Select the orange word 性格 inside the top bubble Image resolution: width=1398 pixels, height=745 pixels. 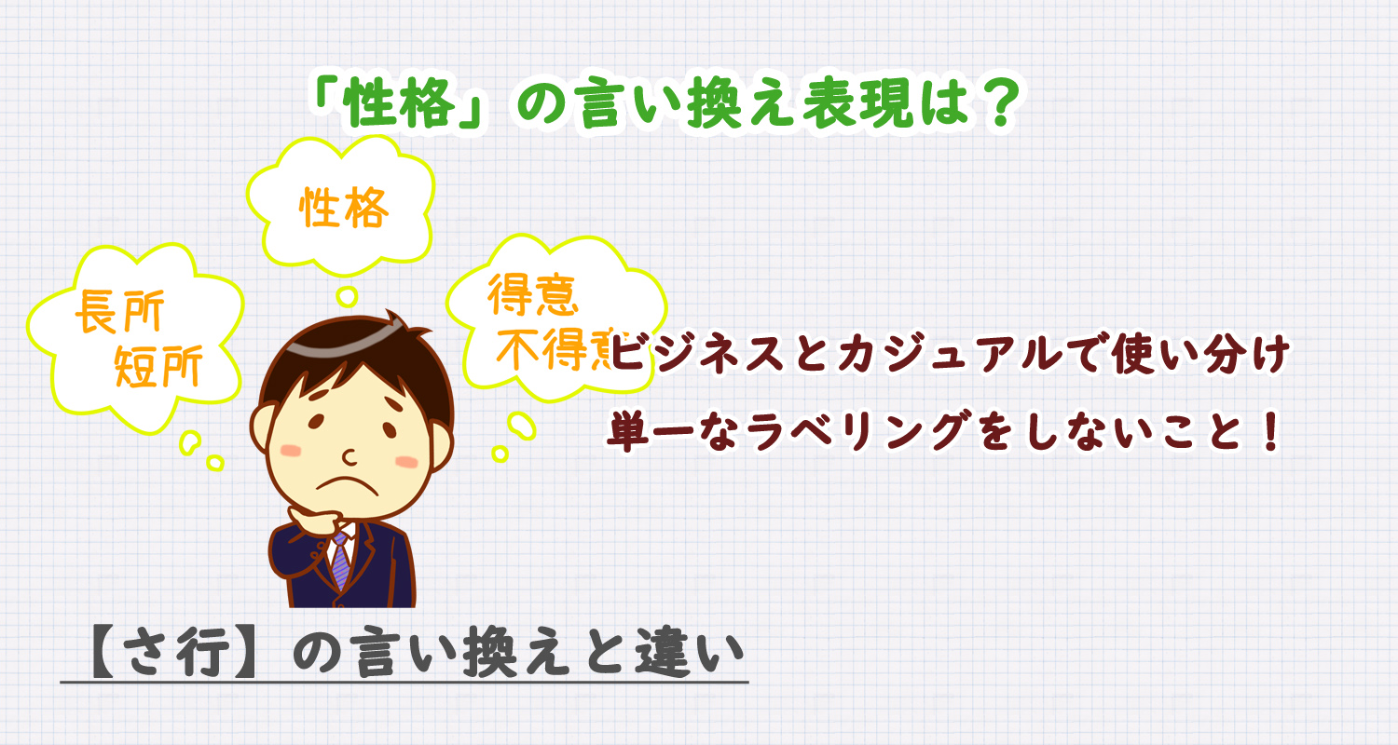(344, 209)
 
